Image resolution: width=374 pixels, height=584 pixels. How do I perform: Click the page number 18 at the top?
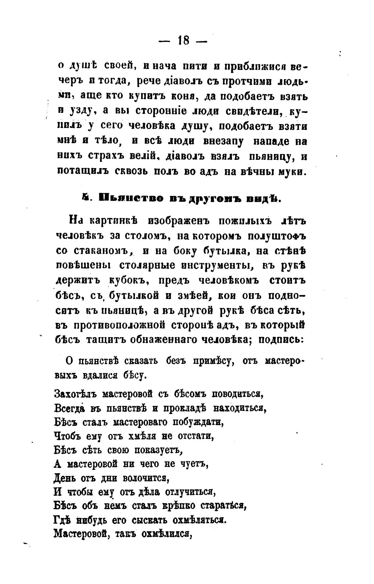coord(183,41)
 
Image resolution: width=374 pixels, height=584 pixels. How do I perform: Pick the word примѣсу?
coord(213,361)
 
